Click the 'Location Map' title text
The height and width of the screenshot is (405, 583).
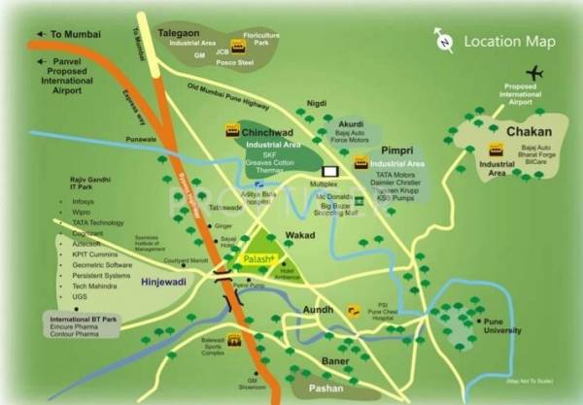click(x=509, y=41)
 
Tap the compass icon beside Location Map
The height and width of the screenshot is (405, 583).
click(x=443, y=41)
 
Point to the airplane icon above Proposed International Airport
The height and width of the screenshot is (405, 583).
click(x=533, y=73)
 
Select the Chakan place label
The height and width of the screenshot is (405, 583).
click(x=527, y=131)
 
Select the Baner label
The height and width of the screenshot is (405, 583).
click(x=335, y=361)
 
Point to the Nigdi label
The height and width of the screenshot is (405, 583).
click(x=316, y=102)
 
